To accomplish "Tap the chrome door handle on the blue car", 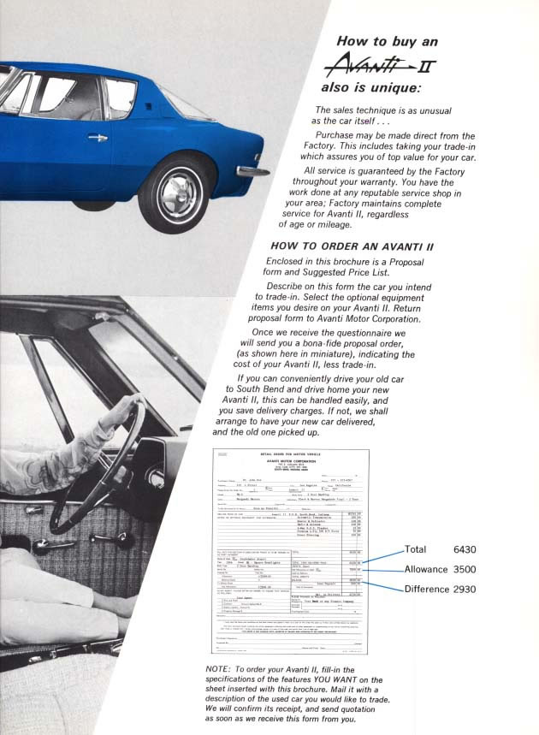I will point(97,137).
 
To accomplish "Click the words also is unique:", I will point(370,87).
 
